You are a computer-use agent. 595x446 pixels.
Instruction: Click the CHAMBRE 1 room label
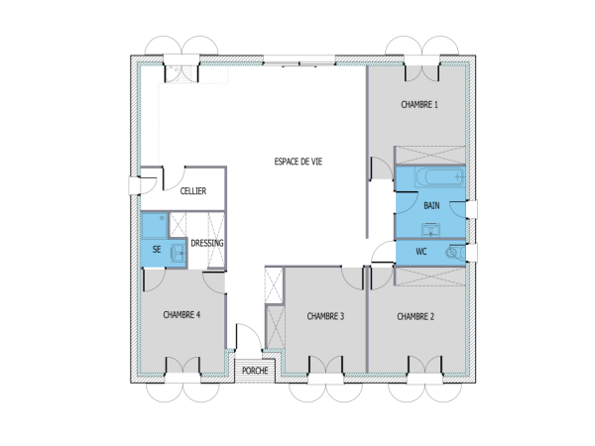[419, 104]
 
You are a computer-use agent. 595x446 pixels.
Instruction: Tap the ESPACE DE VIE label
[297, 160]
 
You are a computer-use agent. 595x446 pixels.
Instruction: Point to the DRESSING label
[206, 243]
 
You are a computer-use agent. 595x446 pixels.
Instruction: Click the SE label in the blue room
[156, 252]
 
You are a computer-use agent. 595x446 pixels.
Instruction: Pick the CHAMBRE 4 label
[182, 314]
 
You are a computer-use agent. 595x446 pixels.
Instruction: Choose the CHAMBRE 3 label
[325, 316]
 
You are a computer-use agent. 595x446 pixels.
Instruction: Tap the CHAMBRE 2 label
[416, 316]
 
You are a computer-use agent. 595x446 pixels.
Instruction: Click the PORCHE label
[256, 371]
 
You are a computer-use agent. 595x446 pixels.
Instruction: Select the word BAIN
[431, 206]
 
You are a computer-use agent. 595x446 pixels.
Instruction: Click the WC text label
[420, 252]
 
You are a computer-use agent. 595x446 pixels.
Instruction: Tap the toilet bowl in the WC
[454, 253]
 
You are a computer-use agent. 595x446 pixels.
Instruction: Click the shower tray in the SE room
[154, 227]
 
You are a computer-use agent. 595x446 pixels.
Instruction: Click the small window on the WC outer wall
[474, 252]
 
